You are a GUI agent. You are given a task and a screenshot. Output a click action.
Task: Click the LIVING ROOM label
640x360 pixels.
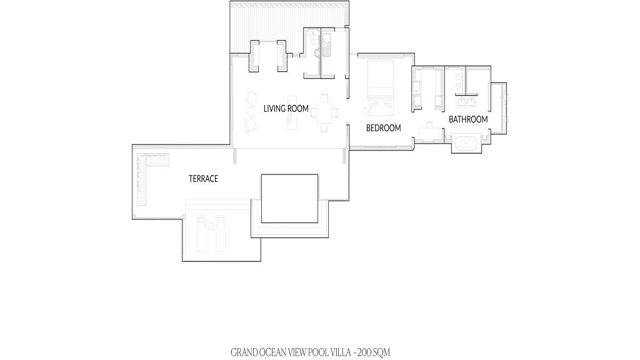tap(286, 109)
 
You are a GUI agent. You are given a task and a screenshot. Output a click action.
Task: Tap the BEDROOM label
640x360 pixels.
tap(383, 128)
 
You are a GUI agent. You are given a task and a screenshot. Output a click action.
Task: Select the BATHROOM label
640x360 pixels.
tap(468, 119)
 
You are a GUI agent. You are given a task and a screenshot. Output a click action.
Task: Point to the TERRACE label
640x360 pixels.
tap(203, 179)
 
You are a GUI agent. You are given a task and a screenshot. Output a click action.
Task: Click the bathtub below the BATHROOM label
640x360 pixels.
tap(466, 144)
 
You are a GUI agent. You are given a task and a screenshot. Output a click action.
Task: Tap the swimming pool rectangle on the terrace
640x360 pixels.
tap(289, 199)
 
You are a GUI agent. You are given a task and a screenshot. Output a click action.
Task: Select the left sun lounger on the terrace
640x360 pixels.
tap(202, 234)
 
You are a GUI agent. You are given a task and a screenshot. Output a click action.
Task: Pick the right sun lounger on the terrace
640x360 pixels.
tap(221, 234)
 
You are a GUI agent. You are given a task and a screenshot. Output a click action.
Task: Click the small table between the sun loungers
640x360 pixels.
tap(211, 226)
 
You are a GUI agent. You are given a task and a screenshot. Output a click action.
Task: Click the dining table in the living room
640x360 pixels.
tap(324, 112)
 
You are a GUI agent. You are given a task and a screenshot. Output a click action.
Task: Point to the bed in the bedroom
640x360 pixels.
tap(381, 79)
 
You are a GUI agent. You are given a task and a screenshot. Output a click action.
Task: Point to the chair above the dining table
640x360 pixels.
tap(324, 97)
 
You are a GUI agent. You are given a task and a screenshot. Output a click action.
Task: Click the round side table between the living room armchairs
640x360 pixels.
tap(250, 111)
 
